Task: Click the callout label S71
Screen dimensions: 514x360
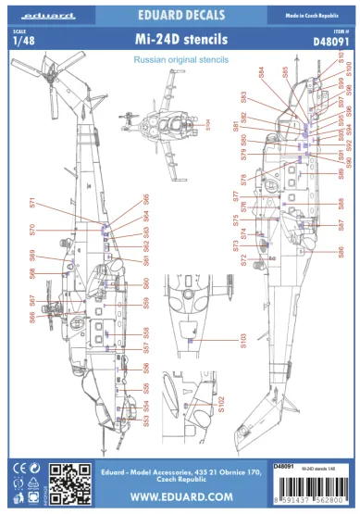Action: click(x=31, y=207)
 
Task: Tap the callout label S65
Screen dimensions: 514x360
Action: click(x=146, y=201)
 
